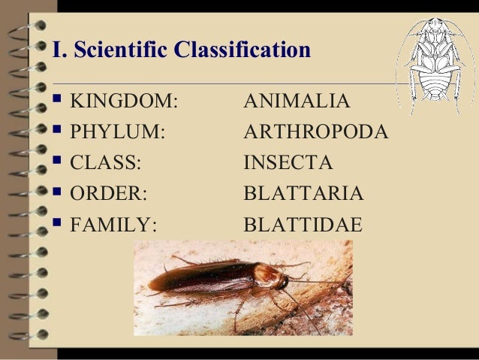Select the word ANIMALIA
(x=297, y=101)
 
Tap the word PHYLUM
(x=117, y=132)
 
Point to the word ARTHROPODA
(x=316, y=132)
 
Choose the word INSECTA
(x=288, y=162)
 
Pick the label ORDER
(x=108, y=193)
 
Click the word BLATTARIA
(x=304, y=193)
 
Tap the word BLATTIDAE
(x=303, y=224)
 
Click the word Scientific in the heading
(x=121, y=51)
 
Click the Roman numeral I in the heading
(x=56, y=51)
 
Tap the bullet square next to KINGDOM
(x=59, y=99)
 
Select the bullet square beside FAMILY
(x=59, y=222)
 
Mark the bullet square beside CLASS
(x=59, y=161)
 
